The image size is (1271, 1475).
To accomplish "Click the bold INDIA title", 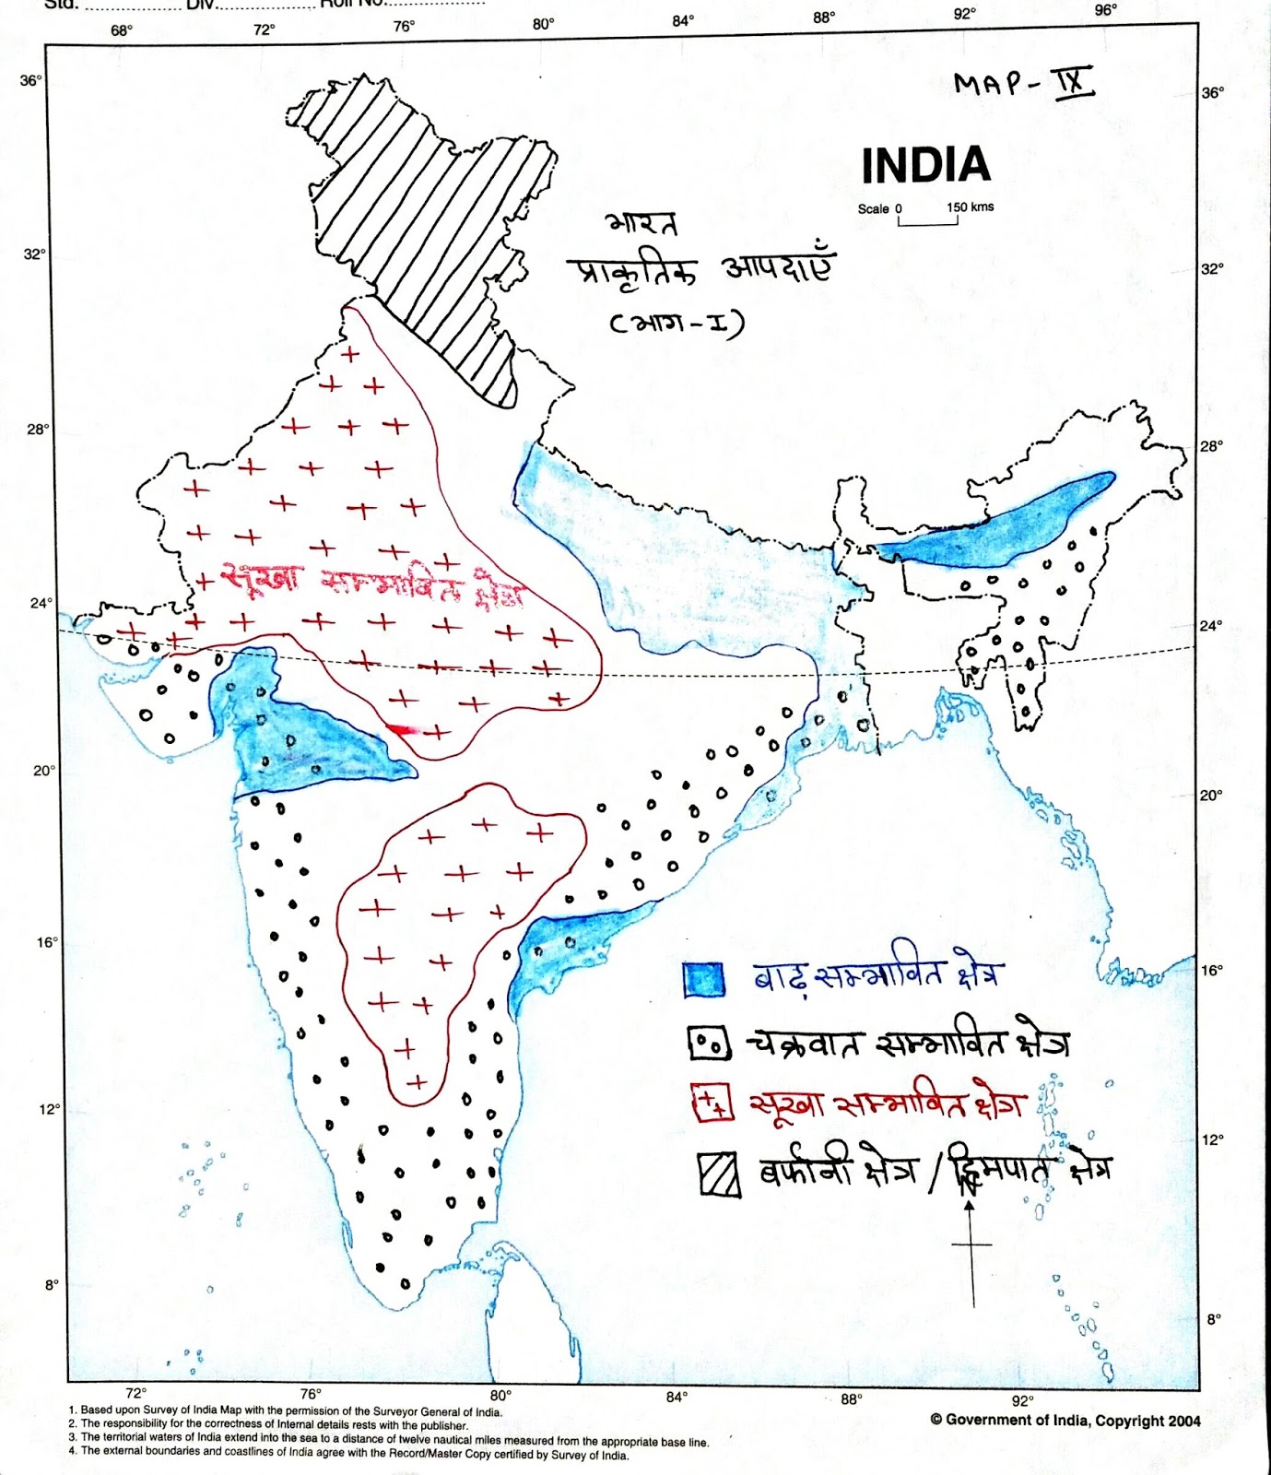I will [x=925, y=166].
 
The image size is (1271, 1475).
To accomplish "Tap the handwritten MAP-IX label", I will [x=1022, y=83].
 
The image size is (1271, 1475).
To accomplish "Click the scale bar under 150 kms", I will [x=928, y=222].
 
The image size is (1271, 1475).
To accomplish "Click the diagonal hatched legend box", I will [x=719, y=1174].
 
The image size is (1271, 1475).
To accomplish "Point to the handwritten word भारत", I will [x=641, y=224].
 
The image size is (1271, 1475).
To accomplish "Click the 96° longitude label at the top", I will [x=1105, y=10].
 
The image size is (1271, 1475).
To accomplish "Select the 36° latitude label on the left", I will [x=30, y=81].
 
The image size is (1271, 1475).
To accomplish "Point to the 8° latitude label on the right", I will [x=1214, y=1319].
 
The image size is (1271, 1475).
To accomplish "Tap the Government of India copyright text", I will [x=1065, y=1421].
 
